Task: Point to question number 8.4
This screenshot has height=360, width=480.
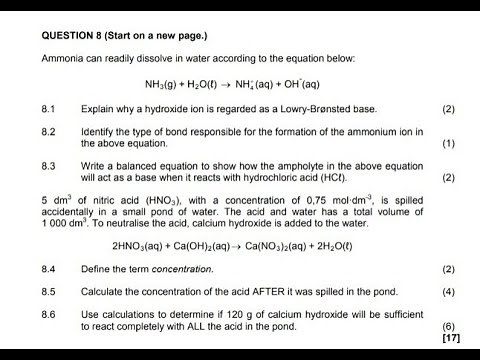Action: coord(49,269)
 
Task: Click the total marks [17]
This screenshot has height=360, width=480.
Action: coord(447,338)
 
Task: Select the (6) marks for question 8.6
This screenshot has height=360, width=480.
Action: coord(448,327)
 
